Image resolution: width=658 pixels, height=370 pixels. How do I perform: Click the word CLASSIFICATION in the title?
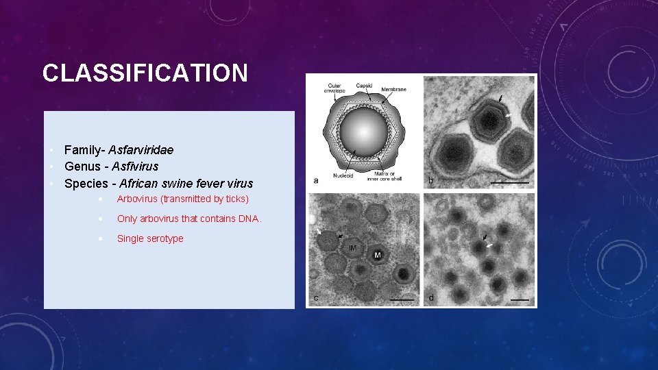coord(145,73)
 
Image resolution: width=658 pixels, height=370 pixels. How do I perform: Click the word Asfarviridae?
coord(141,150)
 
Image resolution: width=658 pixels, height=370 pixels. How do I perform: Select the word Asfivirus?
coord(135,166)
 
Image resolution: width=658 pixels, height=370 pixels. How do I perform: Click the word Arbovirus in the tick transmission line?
coord(137,199)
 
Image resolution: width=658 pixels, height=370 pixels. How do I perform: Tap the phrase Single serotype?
coord(150,239)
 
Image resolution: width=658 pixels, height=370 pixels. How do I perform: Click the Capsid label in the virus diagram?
coord(364,86)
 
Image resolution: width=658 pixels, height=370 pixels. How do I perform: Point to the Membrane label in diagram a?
coord(394,89)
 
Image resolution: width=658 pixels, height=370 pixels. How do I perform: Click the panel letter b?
coord(430,180)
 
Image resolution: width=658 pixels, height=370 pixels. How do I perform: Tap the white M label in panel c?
coord(377,255)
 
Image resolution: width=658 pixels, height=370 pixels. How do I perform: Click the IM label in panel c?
coord(352,247)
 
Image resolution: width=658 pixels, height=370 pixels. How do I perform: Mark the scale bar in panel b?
coord(510,182)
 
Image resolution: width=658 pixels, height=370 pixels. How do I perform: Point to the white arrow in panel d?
coord(489,245)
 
